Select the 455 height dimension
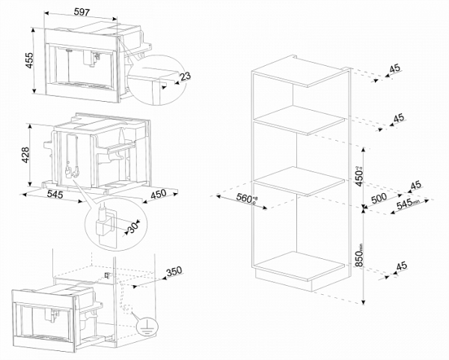pyautogui.click(x=28, y=61)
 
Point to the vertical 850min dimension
pyautogui.click(x=360, y=257)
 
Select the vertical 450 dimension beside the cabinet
pyautogui.click(x=360, y=174)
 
